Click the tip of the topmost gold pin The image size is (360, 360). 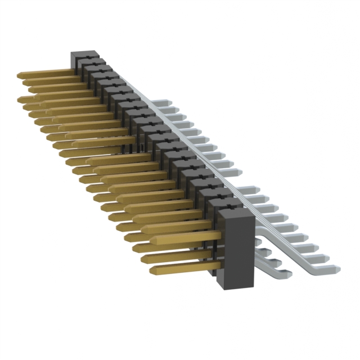[20, 74]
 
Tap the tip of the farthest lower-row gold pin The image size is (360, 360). [20, 100]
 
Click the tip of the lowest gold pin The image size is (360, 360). [153, 271]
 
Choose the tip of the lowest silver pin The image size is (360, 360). [288, 274]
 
